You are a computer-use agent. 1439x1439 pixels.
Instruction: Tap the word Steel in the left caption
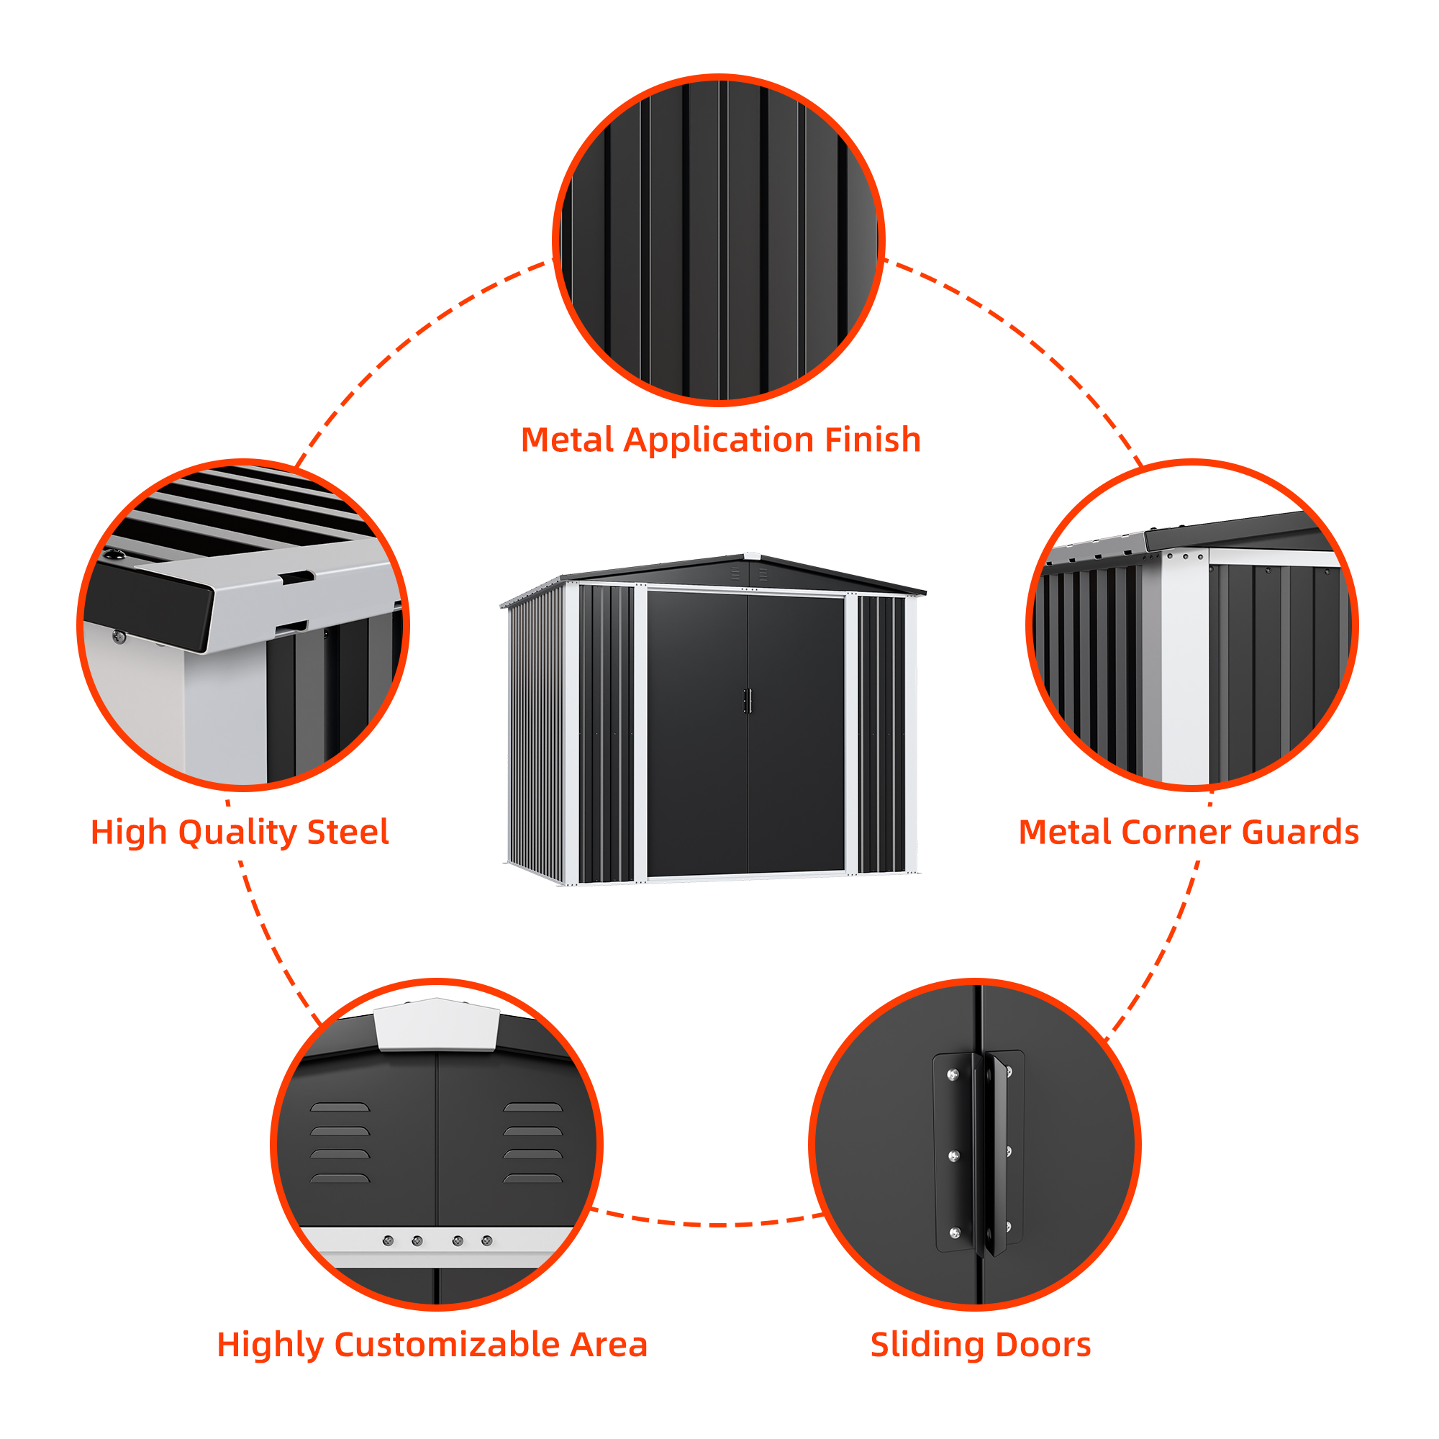348,832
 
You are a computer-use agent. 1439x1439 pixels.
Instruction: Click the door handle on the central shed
747,701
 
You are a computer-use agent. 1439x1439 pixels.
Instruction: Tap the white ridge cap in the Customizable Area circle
437,1025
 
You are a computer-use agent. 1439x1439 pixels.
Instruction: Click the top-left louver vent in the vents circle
340,1107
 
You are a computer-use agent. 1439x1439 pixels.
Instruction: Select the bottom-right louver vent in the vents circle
532,1179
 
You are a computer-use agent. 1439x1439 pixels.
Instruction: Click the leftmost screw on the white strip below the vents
388,1240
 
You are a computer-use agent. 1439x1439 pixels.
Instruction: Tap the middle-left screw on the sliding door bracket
953,1156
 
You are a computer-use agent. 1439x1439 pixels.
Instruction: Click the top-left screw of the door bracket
953,1075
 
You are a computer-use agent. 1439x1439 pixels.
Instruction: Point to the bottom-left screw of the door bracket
954,1233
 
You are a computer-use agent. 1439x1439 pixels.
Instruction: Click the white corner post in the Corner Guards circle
1184,671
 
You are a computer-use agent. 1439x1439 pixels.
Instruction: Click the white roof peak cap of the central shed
753,555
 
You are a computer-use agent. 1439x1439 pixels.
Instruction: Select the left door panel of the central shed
696,734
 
